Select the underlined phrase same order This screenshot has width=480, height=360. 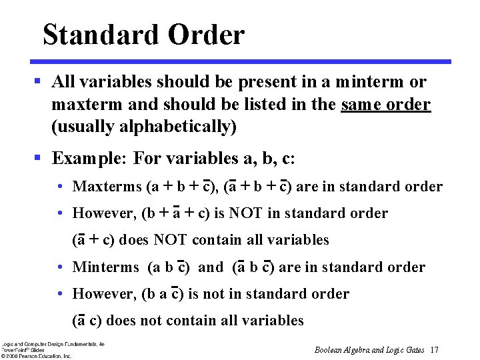pos(385,105)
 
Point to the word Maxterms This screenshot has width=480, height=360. pos(107,187)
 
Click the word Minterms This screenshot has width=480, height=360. pos(105,267)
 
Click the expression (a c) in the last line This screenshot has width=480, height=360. pos(87,321)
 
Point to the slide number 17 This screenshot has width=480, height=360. pos(434,350)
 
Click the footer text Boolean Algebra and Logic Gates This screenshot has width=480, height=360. pos(369,350)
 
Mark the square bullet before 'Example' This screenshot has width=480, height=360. pos(39,159)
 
